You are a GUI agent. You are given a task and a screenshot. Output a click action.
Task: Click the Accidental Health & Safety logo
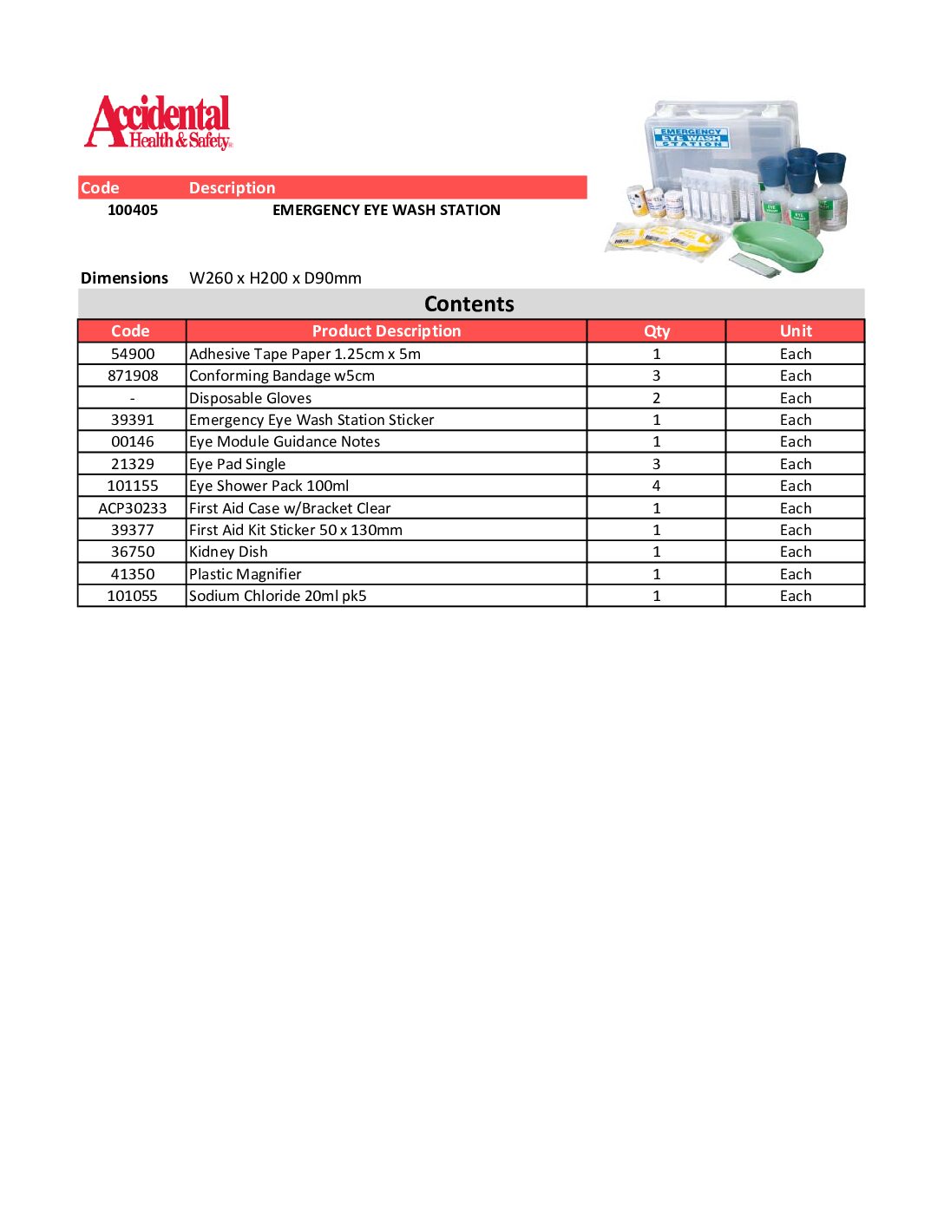159,122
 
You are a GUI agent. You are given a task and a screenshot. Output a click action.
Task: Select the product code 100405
133,210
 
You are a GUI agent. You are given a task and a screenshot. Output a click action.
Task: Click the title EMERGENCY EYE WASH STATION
386,210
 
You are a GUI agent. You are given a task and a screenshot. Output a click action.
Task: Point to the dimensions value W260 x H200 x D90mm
275,278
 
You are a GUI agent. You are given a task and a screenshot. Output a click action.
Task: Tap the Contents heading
469,304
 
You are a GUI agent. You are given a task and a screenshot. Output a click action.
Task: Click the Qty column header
657,331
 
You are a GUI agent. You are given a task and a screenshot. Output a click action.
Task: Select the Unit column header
796,331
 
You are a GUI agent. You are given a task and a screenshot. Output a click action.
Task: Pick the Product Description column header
386,331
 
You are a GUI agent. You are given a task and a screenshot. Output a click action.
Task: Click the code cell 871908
133,375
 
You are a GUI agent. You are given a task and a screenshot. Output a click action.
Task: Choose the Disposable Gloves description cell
251,398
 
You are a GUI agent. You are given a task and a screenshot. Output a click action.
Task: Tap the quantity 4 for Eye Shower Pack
657,486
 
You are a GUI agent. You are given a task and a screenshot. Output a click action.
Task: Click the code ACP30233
133,508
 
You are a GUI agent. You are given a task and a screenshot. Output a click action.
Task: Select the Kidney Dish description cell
229,552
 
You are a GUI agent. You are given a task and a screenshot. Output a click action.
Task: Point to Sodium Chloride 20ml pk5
278,596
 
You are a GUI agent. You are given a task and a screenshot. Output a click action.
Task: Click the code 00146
133,441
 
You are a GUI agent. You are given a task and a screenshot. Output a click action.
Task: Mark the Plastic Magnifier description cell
246,574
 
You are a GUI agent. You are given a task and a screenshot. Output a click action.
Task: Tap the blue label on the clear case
692,137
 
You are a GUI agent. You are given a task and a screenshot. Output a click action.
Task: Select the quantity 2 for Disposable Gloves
657,398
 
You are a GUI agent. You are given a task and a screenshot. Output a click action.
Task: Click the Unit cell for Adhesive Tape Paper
796,354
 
